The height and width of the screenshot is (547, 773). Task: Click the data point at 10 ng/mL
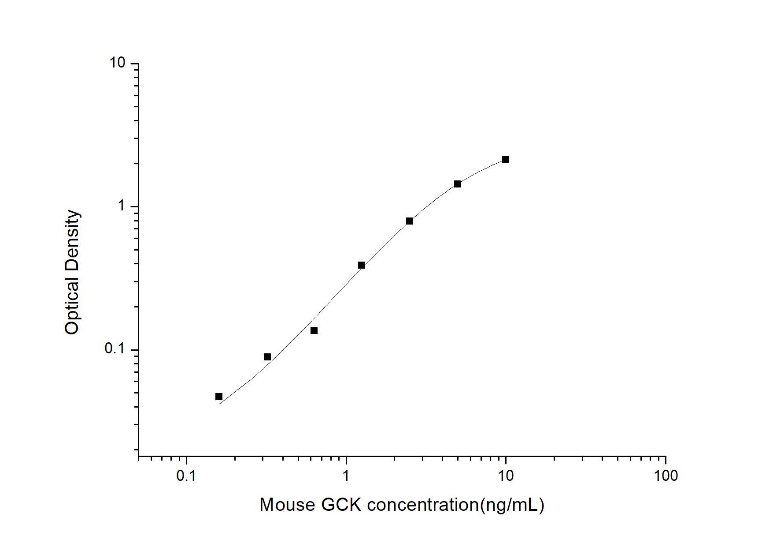[506, 160]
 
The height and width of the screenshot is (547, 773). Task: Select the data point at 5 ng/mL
[458, 184]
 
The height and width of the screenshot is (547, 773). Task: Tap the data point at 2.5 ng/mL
[410, 221]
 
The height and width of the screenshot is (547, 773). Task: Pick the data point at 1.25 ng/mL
[362, 265]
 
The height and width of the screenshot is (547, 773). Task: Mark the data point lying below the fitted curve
[314, 330]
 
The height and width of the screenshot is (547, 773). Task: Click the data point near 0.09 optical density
[267, 357]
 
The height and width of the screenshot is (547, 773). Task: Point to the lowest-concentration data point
[219, 397]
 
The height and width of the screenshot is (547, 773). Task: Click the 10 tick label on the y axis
[118, 63]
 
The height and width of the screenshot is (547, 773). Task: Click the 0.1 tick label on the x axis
[186, 476]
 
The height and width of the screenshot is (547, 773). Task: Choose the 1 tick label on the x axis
[346, 476]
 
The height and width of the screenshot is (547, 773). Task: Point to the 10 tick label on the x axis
[506, 476]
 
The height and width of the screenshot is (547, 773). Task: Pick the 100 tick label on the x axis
[665, 476]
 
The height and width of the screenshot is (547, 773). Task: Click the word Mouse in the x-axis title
[287, 505]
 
